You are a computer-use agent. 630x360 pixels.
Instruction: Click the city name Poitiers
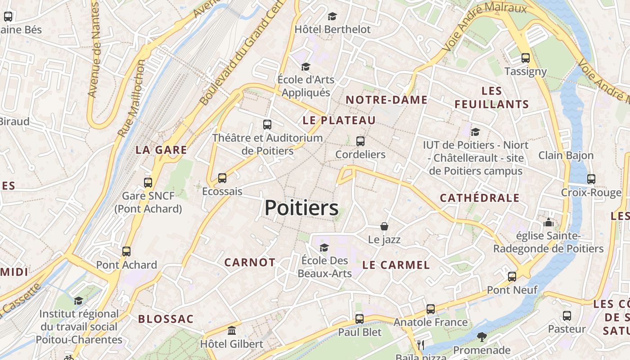[x=301, y=208]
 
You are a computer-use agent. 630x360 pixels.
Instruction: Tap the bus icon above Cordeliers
[x=360, y=141]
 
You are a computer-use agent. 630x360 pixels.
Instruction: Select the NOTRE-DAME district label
[x=386, y=100]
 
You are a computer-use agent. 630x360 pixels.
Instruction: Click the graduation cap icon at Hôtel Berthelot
[x=332, y=17]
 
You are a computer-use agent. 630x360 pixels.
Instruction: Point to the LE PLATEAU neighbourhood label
[x=339, y=121]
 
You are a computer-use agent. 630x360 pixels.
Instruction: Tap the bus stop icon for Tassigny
[x=525, y=58]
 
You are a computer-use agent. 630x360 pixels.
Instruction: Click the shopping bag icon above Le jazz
[x=384, y=226]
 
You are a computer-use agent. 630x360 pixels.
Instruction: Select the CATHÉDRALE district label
[x=479, y=198]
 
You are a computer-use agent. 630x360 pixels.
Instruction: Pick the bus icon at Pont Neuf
[x=512, y=277]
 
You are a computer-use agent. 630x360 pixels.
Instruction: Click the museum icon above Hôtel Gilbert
[x=232, y=331]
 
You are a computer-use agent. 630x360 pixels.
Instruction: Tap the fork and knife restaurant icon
[x=421, y=345]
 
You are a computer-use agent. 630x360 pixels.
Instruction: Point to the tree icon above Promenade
[x=481, y=337]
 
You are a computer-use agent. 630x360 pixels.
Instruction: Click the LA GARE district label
[x=161, y=150]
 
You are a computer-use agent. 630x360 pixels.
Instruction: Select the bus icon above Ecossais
[x=222, y=178]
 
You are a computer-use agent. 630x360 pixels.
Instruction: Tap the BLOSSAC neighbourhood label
[x=166, y=319]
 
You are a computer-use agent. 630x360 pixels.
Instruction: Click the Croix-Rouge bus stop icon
[x=591, y=179]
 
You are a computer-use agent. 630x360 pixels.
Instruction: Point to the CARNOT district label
[x=249, y=263]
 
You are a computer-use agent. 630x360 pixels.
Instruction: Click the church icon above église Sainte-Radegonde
[x=548, y=222]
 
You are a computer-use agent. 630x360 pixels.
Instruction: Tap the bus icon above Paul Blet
[x=359, y=319]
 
